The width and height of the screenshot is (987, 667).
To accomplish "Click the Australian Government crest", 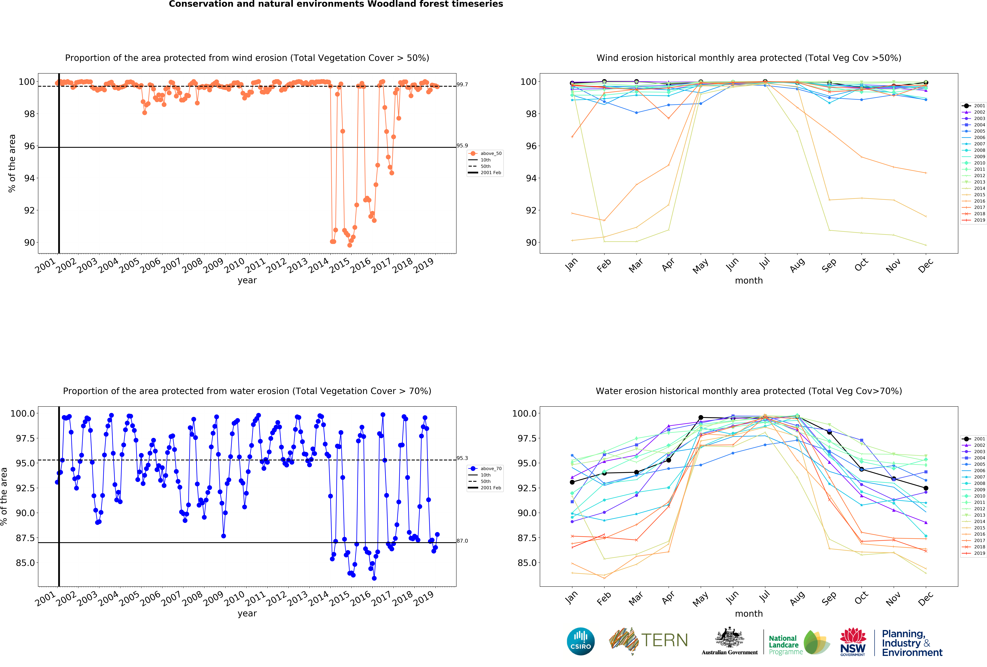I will coord(729,637).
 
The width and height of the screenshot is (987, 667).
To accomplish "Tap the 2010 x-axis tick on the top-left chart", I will coord(234,266).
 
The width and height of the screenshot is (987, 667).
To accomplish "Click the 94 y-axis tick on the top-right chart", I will coord(531,178).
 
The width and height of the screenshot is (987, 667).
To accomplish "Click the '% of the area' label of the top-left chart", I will coord(12,163).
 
